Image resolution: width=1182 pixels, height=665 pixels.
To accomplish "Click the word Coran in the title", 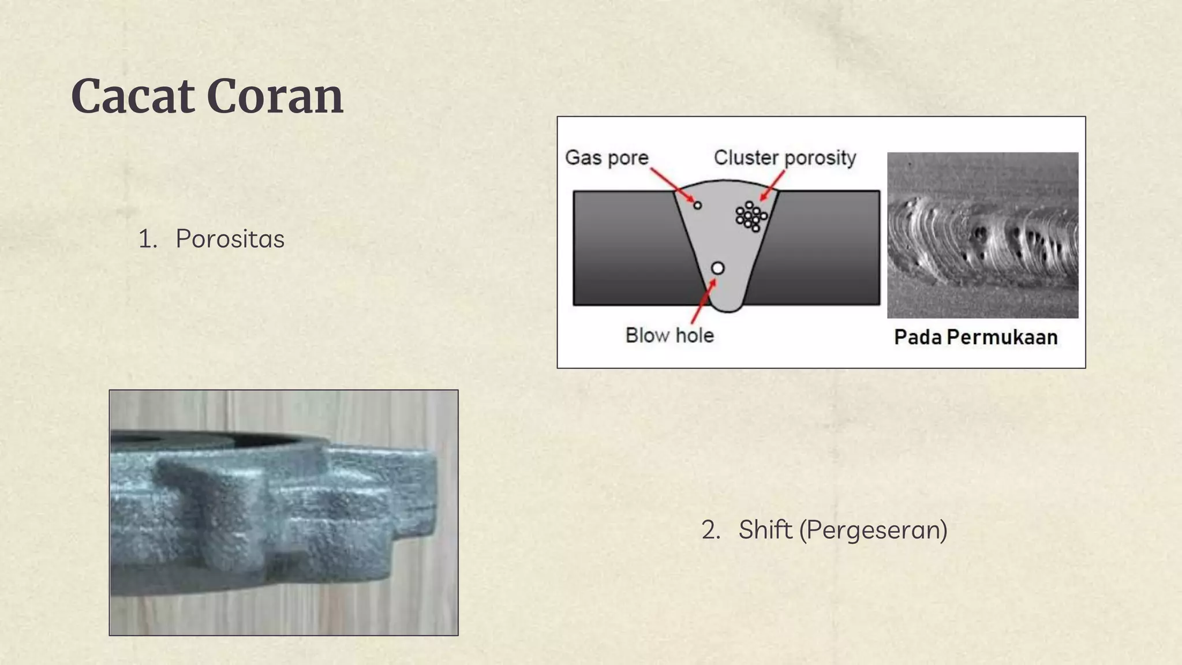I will (275, 96).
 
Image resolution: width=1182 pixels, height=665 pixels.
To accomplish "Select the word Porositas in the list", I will (230, 239).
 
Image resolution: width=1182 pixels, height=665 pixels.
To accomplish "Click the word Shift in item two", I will (765, 530).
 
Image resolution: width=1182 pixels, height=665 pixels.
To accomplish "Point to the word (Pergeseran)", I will (873, 530).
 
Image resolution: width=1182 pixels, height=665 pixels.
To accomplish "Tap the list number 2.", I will (710, 530).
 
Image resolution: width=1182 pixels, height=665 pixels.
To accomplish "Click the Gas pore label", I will (606, 158).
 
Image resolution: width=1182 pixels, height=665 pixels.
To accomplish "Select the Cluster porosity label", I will (784, 158).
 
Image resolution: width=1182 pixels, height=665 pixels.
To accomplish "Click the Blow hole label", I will (669, 335).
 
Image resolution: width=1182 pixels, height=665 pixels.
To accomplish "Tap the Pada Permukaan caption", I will (975, 337).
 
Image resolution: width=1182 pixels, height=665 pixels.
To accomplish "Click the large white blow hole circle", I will (717, 268).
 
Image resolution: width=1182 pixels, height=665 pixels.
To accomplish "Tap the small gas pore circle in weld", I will (698, 206).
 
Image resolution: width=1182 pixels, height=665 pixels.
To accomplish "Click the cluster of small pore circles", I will (750, 216).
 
